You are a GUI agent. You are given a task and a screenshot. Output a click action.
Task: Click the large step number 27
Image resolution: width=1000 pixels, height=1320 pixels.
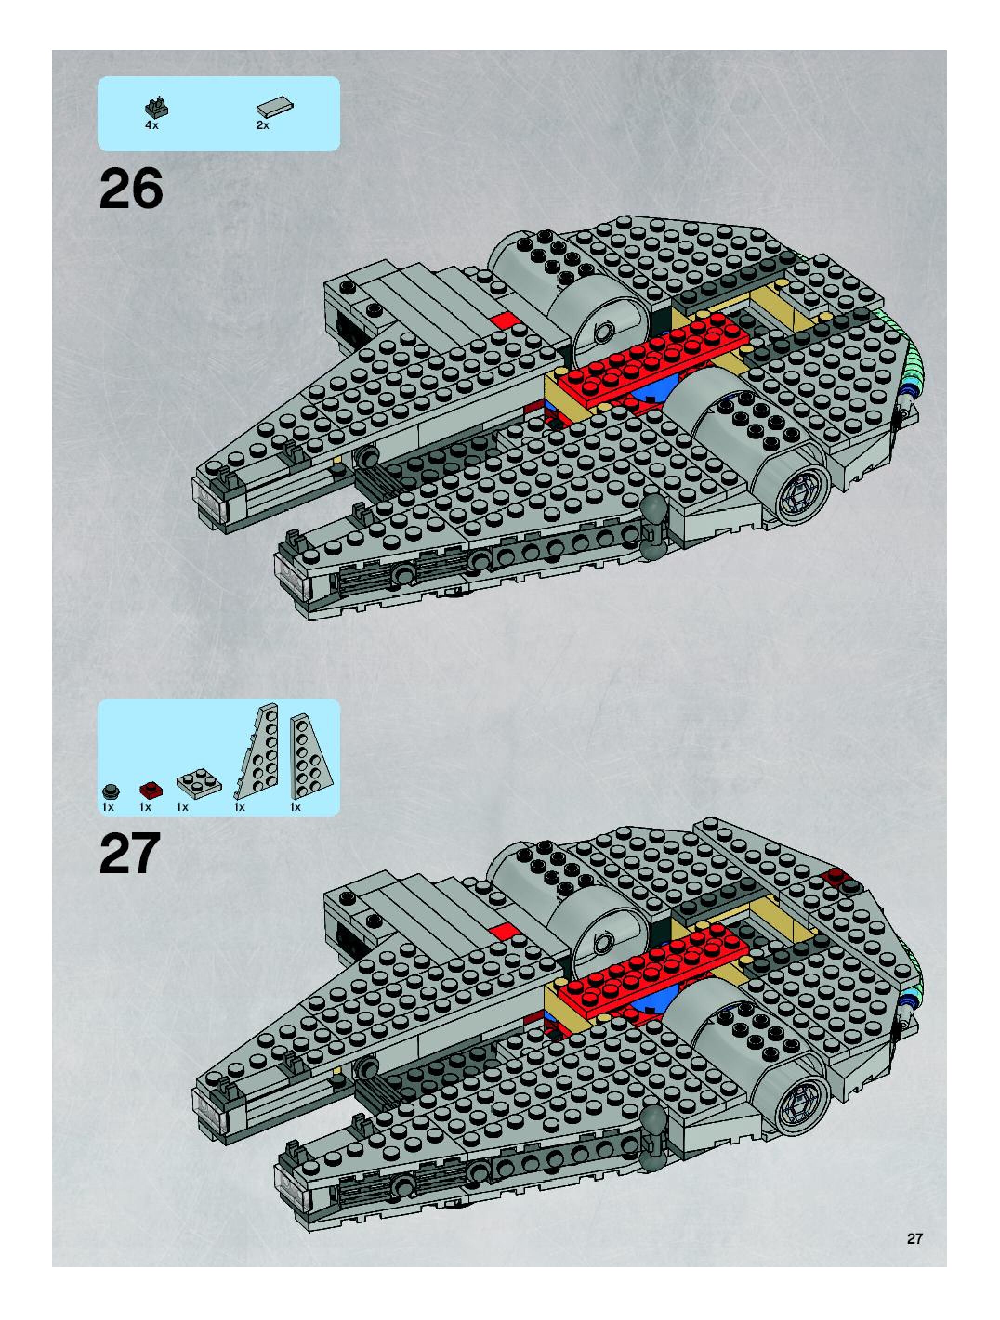click(x=131, y=853)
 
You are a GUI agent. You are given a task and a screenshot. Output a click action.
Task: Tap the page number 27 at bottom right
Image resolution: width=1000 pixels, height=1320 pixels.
click(x=914, y=1238)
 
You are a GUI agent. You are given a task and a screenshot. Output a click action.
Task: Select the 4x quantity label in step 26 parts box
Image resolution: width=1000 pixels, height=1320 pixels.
click(x=151, y=126)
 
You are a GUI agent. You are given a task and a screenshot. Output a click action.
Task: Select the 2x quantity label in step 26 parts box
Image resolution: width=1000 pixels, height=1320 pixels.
click(x=263, y=126)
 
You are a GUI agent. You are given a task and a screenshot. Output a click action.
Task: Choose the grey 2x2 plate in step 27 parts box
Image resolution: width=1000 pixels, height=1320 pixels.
click(x=199, y=784)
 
